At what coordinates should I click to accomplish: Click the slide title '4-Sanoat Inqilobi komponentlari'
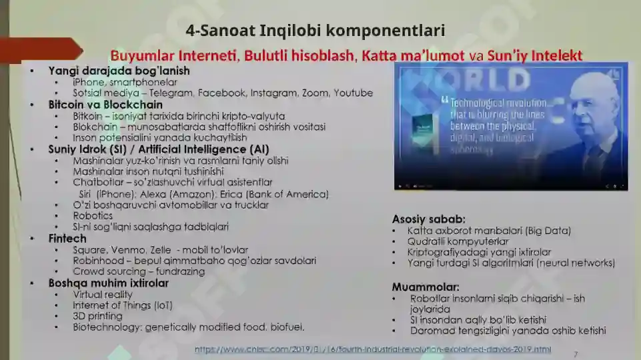click(315, 31)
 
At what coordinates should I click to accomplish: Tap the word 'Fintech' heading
click(67, 238)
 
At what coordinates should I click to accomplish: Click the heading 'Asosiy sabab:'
click(428, 219)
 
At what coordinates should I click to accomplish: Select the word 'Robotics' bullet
click(93, 215)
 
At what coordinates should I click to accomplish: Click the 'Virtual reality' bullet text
click(103, 294)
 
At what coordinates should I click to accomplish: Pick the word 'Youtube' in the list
click(353, 93)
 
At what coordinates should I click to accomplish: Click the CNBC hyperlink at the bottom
click(373, 349)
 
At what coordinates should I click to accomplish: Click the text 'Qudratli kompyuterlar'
click(458, 241)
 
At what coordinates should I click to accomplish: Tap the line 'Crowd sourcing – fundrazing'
click(139, 271)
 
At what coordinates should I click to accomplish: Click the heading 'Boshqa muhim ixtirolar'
click(108, 283)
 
